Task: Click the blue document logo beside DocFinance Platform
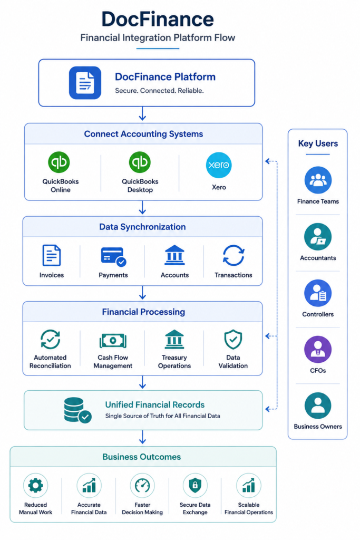pyautogui.click(x=85, y=83)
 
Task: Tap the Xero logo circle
pyautogui.click(x=219, y=165)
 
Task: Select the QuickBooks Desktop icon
pyautogui.click(x=140, y=162)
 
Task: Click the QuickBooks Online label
pyautogui.click(x=61, y=186)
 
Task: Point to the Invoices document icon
pyautogui.click(x=51, y=255)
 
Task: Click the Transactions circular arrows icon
pyautogui.click(x=233, y=256)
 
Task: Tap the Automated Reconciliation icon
pyautogui.click(x=50, y=339)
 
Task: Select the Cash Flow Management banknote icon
pyautogui.click(x=113, y=341)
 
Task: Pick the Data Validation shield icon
pyautogui.click(x=233, y=340)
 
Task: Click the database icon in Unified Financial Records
pyautogui.click(x=77, y=410)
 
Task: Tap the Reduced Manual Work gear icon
pyautogui.click(x=35, y=485)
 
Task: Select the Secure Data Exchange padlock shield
pyautogui.click(x=195, y=485)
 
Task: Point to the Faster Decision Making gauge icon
pyautogui.click(x=142, y=485)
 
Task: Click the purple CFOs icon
pyautogui.click(x=318, y=350)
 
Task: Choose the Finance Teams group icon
pyautogui.click(x=318, y=180)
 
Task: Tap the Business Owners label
pyautogui.click(x=318, y=426)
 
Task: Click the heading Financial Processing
pyautogui.click(x=143, y=312)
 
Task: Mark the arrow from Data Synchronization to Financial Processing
pyautogui.click(x=142, y=292)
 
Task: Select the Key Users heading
pyautogui.click(x=318, y=143)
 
